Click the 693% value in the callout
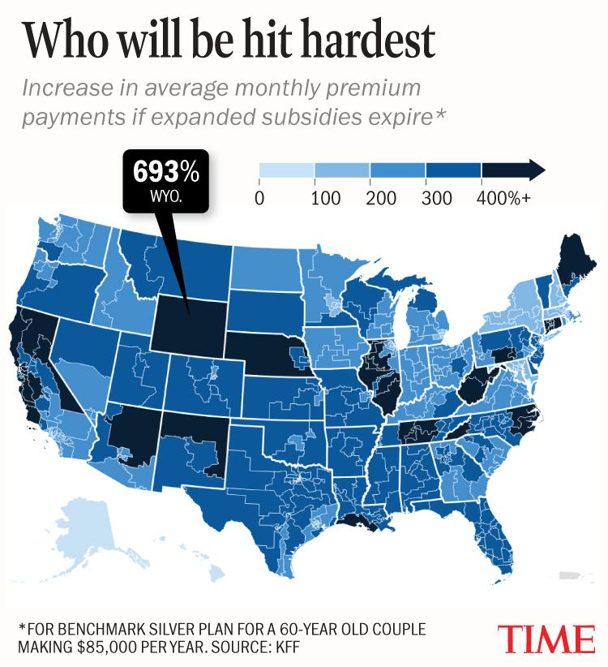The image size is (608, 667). (x=165, y=172)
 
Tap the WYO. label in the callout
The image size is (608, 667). (x=165, y=196)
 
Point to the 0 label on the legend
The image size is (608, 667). (x=259, y=199)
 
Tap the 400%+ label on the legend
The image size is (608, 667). (x=503, y=199)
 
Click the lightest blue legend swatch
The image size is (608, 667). (x=286, y=170)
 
